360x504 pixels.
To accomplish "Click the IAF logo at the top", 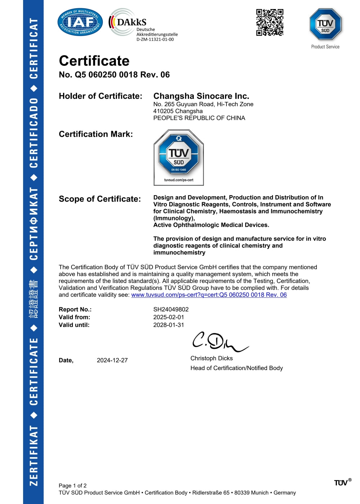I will pyautogui.click(x=80, y=22).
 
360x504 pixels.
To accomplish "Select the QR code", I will pyautogui.click(x=270, y=22).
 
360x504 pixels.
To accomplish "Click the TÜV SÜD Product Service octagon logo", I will pyautogui.click(x=325, y=24).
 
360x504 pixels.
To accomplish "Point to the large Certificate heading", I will pyautogui.click(x=94, y=61).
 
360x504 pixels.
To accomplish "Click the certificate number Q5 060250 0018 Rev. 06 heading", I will pyautogui.click(x=114, y=75).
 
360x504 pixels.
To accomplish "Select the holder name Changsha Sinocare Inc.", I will pyautogui.click(x=201, y=96).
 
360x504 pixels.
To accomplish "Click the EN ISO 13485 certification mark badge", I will pyautogui.click(x=179, y=158).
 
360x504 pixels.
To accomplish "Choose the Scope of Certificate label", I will pyautogui.click(x=100, y=199).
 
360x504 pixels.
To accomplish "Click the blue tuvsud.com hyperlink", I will pyautogui.click(x=209, y=295).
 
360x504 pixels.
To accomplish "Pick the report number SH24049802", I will pyautogui.click(x=171, y=310).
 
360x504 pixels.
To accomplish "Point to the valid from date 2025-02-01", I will pyautogui.click(x=168, y=317).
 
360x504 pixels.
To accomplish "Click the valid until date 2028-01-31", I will pyautogui.click(x=168, y=325).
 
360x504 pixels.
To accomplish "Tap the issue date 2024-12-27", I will pyautogui.click(x=112, y=360).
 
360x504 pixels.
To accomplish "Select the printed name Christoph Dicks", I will pyautogui.click(x=211, y=358).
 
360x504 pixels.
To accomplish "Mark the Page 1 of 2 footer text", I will pyautogui.click(x=73, y=486).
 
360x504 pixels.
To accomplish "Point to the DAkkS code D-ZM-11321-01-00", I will pyautogui.click(x=155, y=40).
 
